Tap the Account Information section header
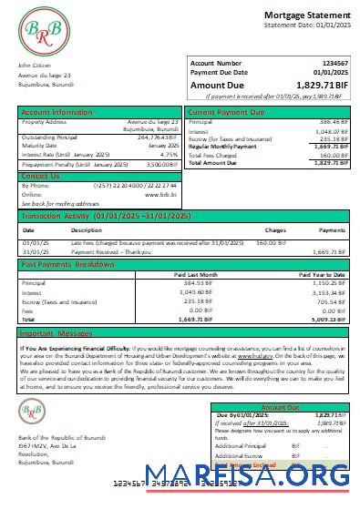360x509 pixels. pos(57,112)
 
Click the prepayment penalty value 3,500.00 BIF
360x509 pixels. pos(161,164)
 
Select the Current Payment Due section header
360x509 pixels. pos(225,112)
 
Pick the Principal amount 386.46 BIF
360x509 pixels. pos(329,121)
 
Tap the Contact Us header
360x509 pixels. pos(40,175)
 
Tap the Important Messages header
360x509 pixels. pos(58,333)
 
